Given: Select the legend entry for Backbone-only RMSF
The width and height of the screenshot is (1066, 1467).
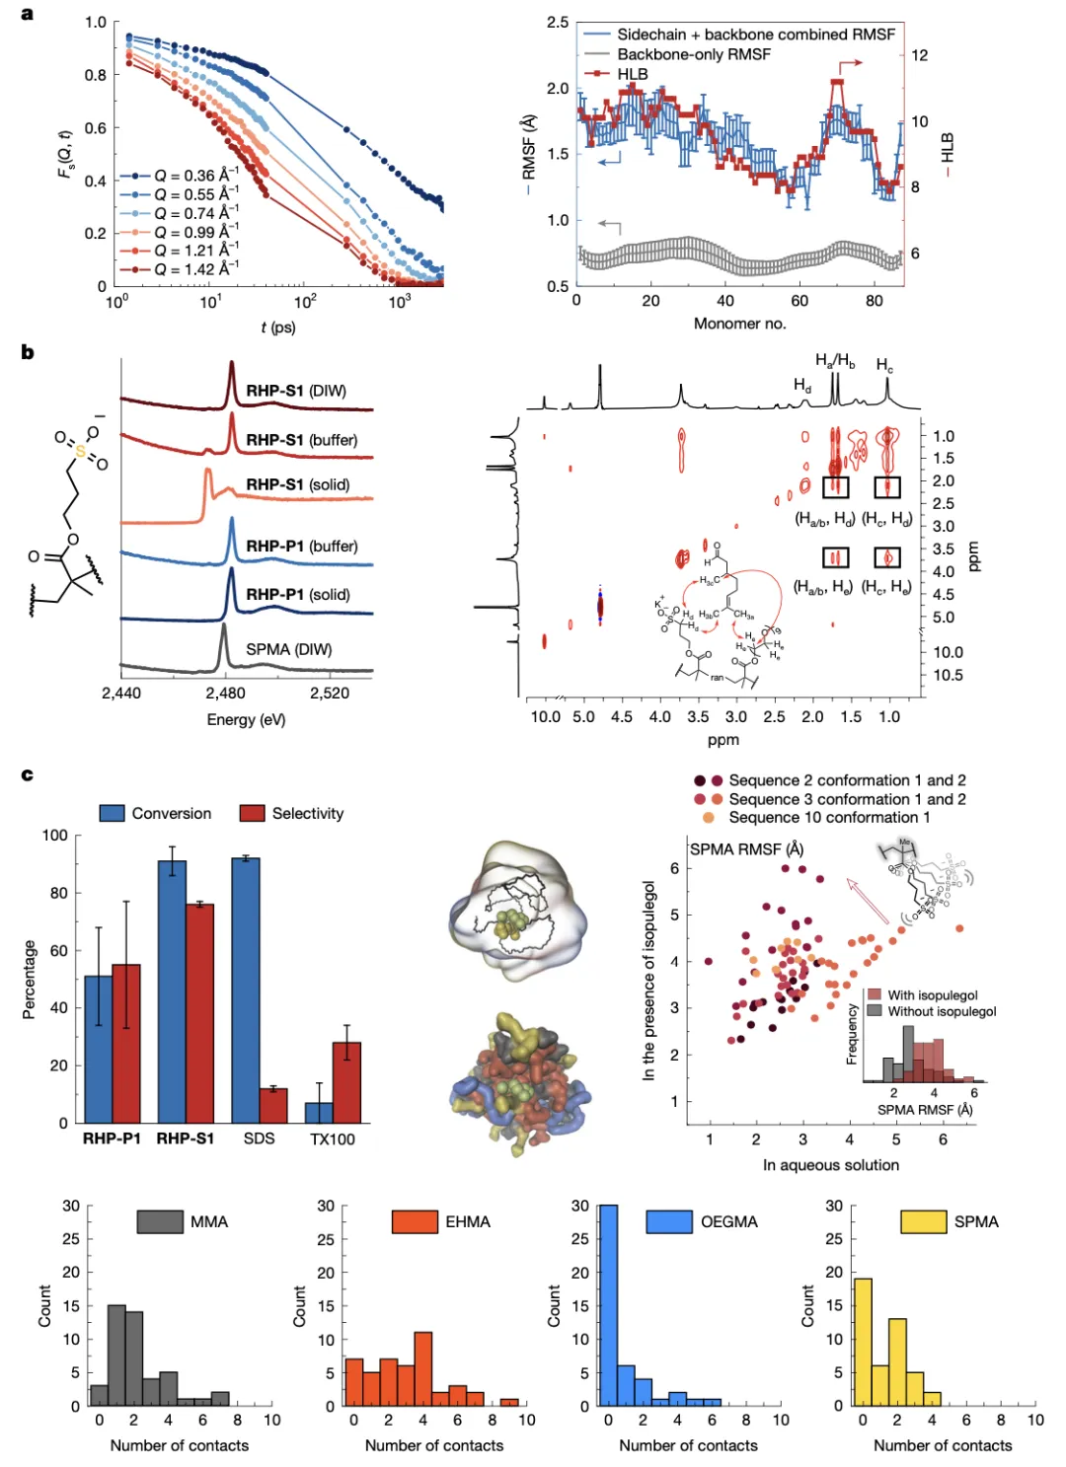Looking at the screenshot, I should [x=693, y=54].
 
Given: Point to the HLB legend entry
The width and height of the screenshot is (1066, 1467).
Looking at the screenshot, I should [x=632, y=74].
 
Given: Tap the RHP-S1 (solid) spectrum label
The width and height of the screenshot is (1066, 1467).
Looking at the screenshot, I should [x=297, y=484].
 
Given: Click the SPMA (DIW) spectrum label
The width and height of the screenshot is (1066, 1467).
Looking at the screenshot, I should [x=288, y=649].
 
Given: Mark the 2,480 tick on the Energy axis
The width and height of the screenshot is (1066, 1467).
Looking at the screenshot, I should [x=226, y=693].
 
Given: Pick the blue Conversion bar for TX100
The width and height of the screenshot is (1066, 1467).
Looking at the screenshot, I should [x=319, y=1112].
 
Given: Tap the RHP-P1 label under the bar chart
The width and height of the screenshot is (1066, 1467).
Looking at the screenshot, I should [x=112, y=1138].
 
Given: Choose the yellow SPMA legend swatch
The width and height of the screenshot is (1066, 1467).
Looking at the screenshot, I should [x=924, y=1221].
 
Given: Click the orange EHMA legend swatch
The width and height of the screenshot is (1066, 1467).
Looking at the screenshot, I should [x=415, y=1221].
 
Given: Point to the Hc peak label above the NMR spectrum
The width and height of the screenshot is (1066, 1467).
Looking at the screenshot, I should [x=884, y=365].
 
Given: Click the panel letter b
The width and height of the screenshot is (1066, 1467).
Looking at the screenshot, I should [x=27, y=352].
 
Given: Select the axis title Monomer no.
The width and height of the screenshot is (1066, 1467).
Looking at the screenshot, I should [x=739, y=324].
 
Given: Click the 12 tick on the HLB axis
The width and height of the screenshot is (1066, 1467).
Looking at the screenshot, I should [x=919, y=55].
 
